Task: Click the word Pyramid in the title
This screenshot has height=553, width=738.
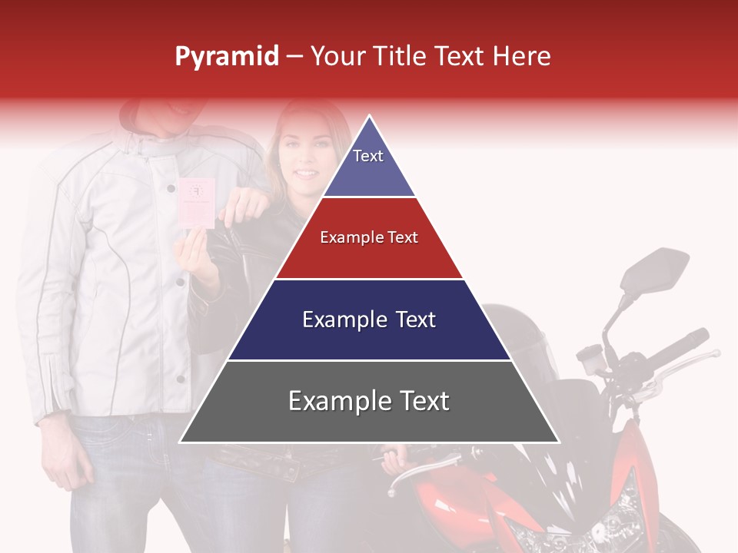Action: (x=226, y=57)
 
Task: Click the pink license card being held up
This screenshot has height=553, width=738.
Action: (x=196, y=202)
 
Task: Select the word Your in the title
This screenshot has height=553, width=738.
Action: (x=336, y=56)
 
